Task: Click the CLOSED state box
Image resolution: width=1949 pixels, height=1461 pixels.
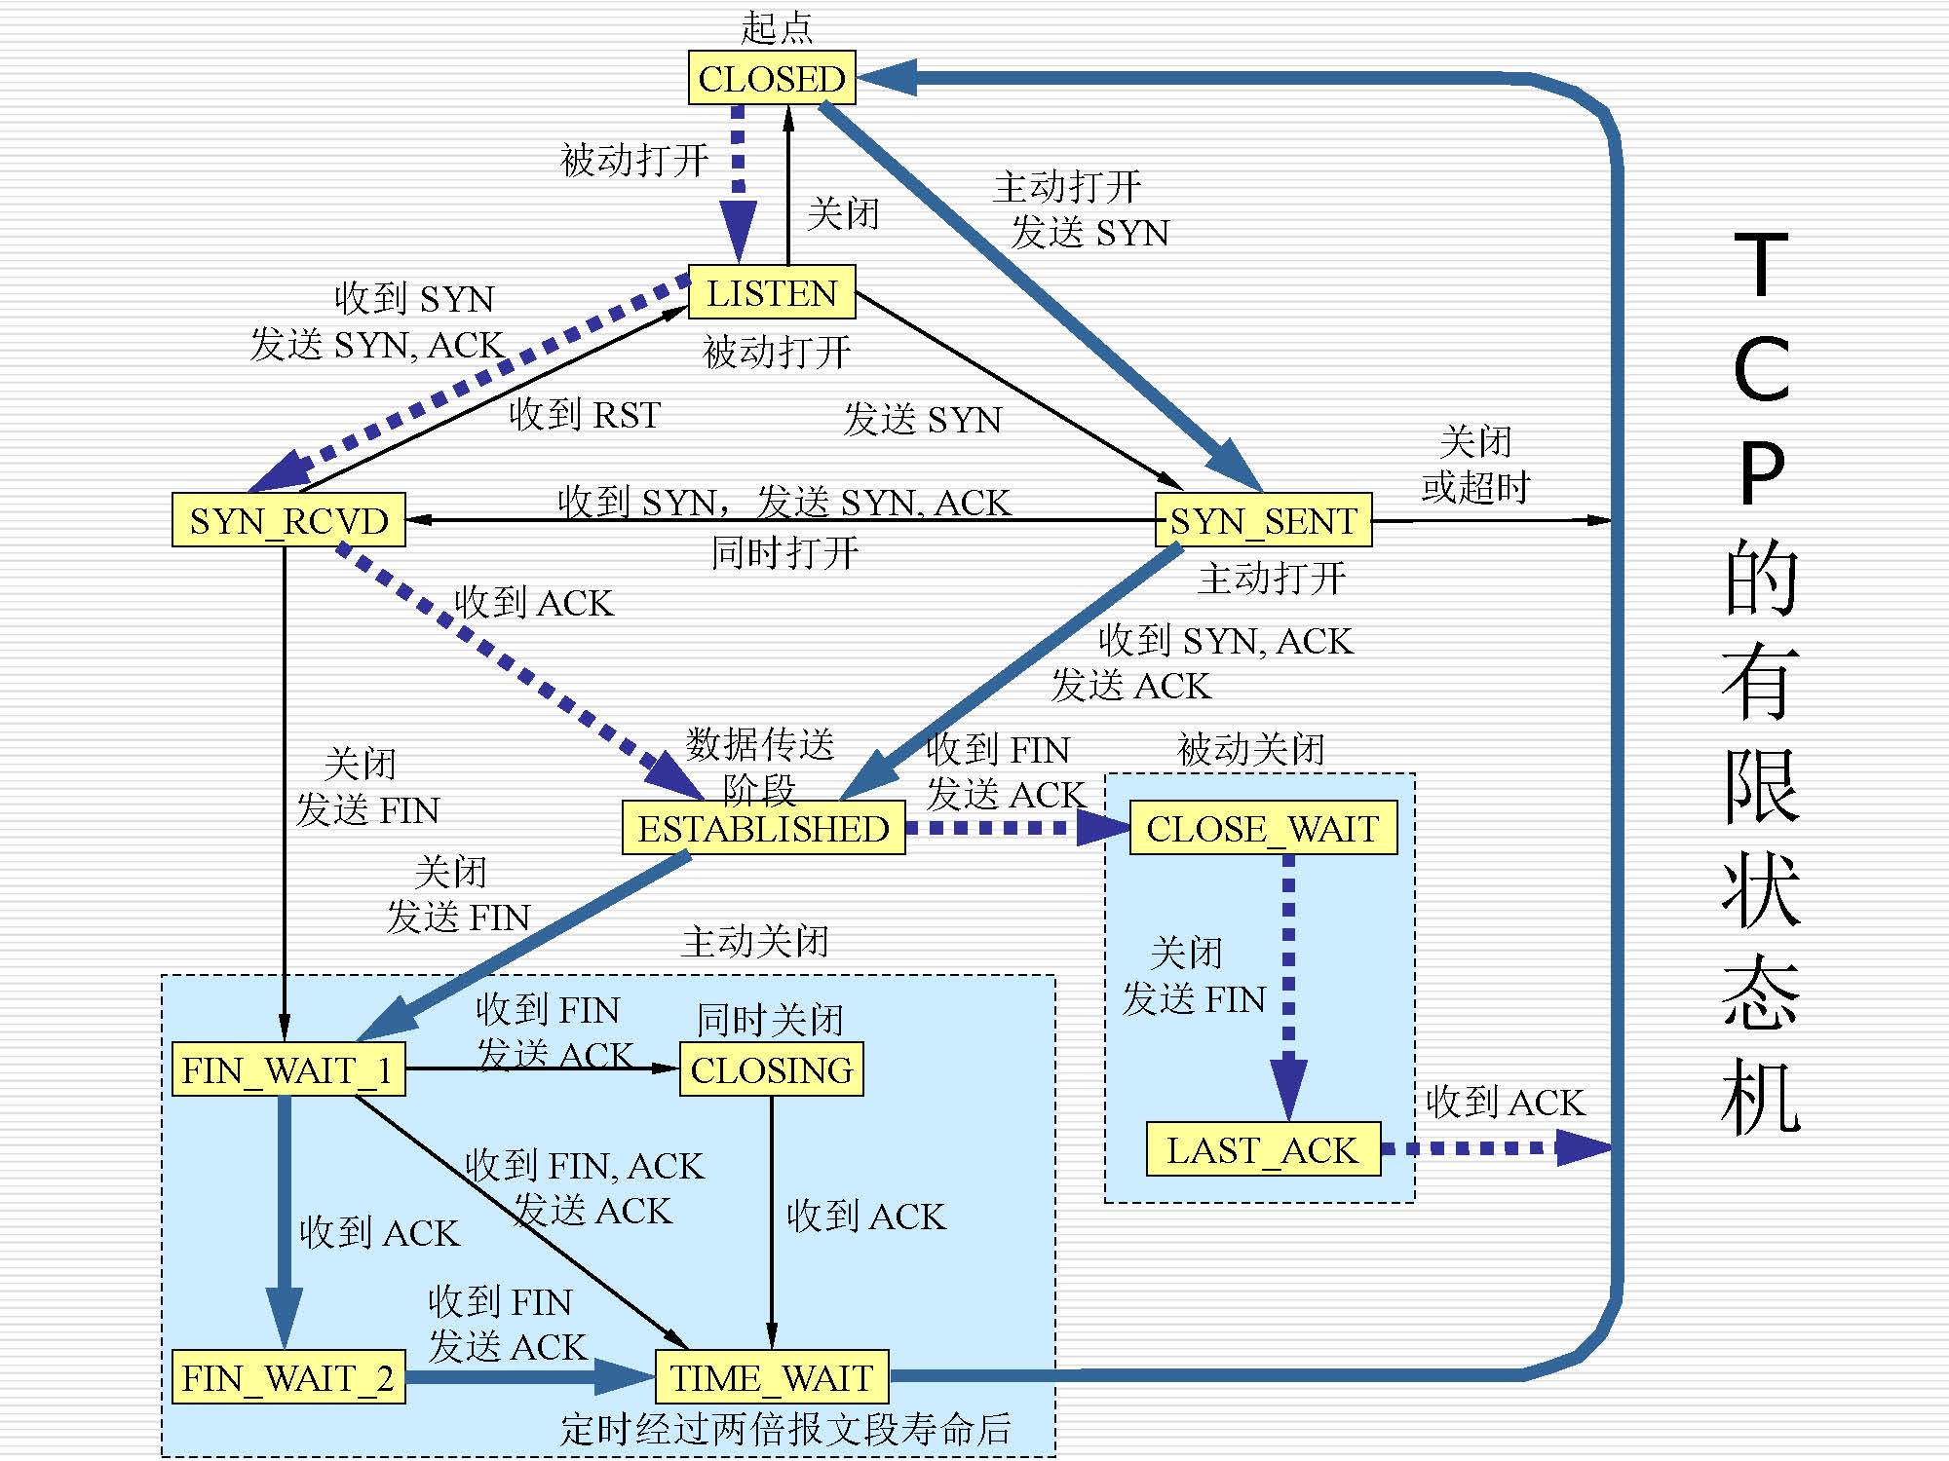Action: coord(772,78)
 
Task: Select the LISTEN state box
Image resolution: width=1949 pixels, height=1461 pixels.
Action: coord(772,292)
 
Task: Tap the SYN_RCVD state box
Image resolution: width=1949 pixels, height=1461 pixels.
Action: coord(288,520)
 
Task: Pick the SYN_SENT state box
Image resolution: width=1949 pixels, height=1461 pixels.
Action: coord(1263,520)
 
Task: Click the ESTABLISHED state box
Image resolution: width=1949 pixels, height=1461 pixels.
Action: coord(763,829)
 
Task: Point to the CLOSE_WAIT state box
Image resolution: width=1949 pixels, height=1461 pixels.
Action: coord(1263,829)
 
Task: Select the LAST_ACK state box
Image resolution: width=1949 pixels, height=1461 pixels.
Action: coord(1263,1150)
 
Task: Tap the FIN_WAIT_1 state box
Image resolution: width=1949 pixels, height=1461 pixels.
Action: coord(288,1069)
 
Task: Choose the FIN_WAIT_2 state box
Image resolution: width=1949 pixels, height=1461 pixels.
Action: coord(288,1377)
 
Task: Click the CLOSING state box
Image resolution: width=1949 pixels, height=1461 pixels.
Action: coord(771,1069)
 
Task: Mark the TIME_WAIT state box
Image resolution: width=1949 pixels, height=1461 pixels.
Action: coord(771,1377)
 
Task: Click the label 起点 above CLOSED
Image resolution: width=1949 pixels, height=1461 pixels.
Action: coord(776,27)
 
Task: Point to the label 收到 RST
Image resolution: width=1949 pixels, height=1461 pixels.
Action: coord(585,415)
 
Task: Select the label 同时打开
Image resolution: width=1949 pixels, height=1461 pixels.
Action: coord(784,553)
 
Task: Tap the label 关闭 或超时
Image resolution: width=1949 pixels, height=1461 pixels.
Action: coord(1475,465)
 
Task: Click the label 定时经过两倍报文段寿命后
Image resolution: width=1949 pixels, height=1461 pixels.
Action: coord(785,1430)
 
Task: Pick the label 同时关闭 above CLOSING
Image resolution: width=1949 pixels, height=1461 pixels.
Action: coord(770,1020)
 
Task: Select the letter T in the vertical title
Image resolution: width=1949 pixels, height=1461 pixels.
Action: coord(1761,264)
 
